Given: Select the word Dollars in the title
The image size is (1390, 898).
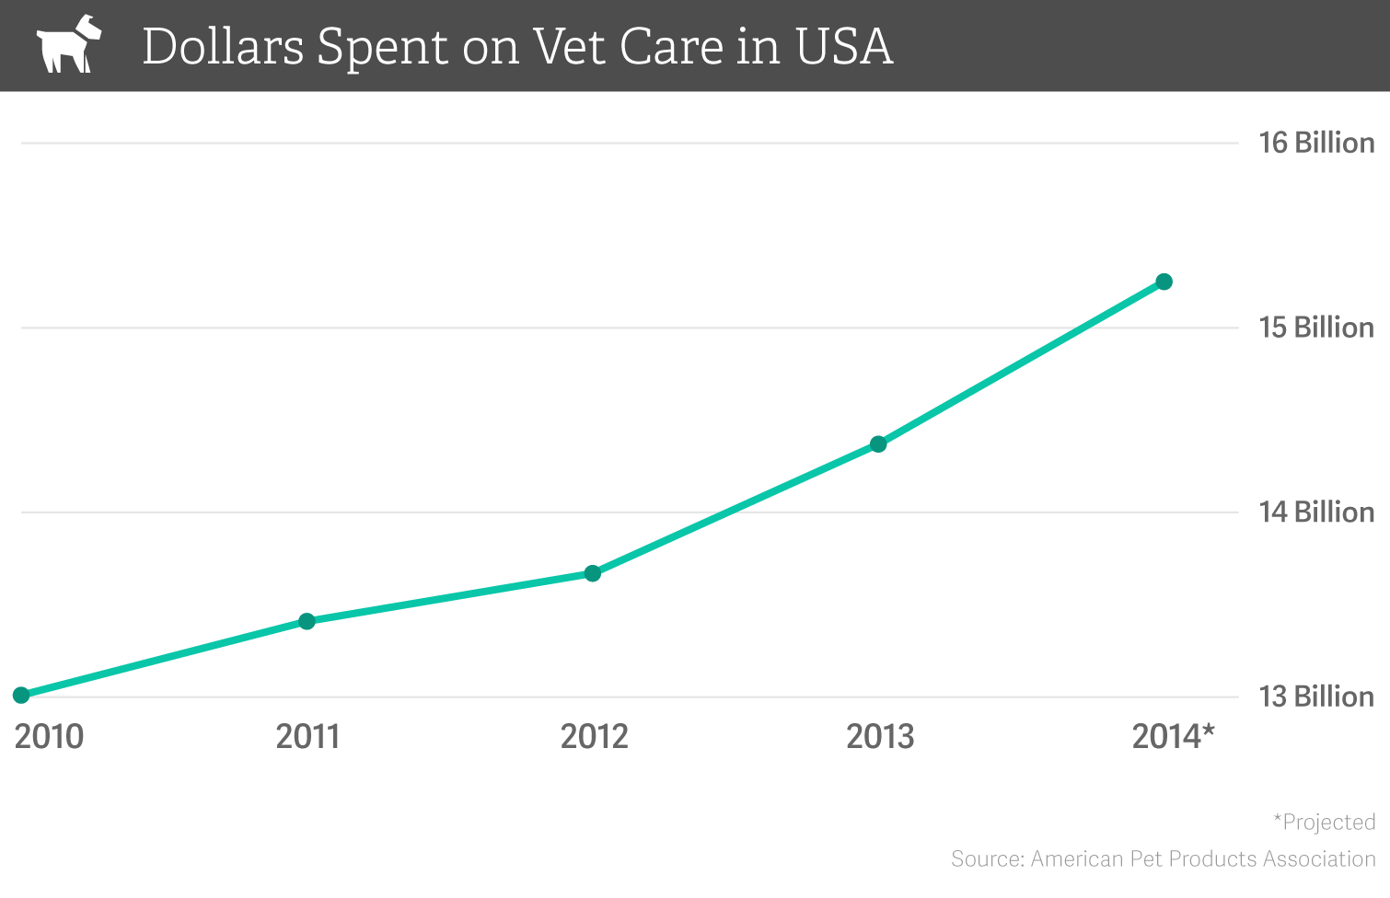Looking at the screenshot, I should pos(223,46).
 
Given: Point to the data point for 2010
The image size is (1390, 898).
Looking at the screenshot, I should pos(21,695).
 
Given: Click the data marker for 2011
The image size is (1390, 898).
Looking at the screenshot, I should pos(307,621).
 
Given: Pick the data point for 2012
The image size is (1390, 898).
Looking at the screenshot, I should pos(593,573).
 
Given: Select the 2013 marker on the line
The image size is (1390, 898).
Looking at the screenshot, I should pos(878,444).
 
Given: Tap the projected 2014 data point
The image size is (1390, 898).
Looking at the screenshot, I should pos(1164,282).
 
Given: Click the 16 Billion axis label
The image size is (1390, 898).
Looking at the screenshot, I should pos(1316,143).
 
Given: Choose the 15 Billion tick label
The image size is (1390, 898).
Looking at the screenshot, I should pos(1316,328).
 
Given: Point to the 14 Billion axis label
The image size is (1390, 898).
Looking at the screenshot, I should pos(1316,512).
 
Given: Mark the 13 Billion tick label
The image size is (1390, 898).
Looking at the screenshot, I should pos(1316,697).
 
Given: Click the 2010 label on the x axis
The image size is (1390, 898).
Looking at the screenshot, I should pos(49,737).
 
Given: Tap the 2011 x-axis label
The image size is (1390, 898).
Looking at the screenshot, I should pos(307,737).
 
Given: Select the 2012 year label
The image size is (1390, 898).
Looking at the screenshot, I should pos(594,737).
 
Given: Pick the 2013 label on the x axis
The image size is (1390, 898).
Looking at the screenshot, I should pos(880,737).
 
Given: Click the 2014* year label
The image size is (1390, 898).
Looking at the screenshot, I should pos(1173,737).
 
